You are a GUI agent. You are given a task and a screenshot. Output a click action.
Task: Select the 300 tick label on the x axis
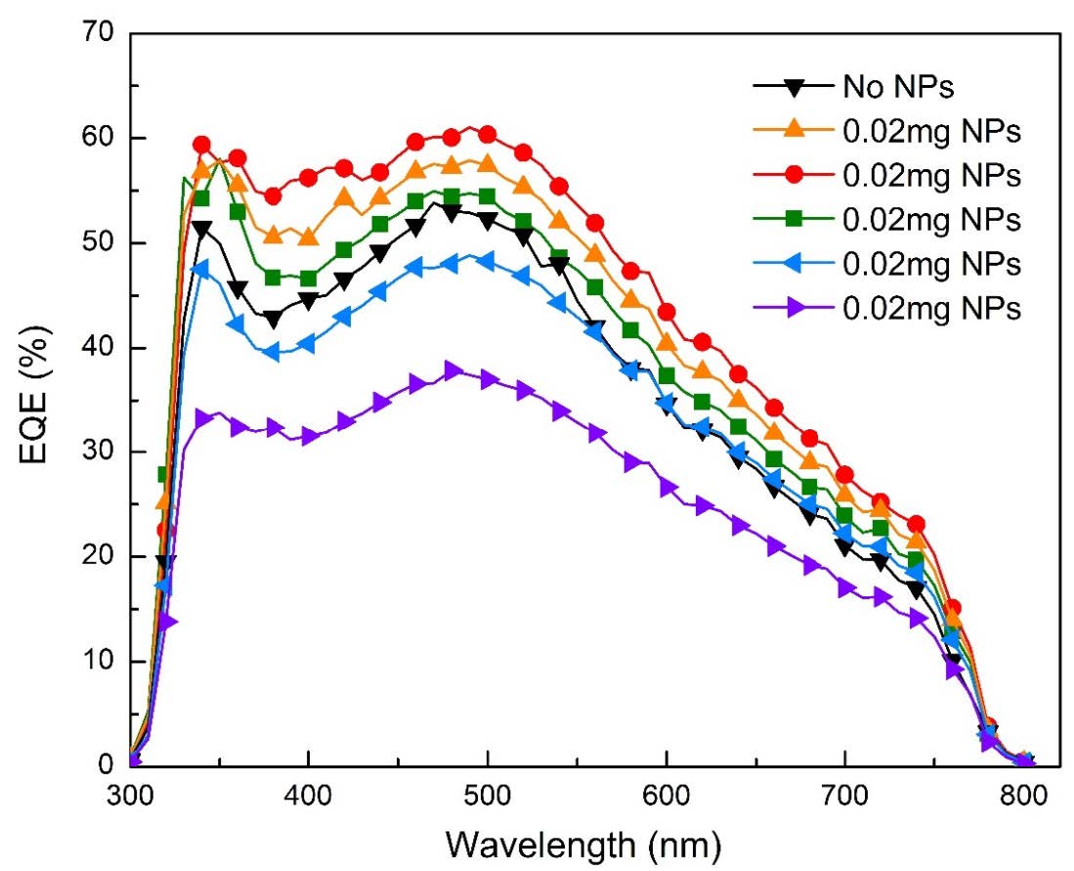[x=131, y=792]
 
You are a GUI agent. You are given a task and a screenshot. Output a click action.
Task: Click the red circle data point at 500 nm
[x=487, y=134]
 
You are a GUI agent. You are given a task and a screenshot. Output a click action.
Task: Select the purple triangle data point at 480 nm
[x=452, y=370]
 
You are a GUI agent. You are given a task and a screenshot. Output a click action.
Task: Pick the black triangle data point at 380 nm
[x=273, y=319]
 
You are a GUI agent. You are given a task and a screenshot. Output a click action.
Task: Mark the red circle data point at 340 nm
[x=202, y=145]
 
